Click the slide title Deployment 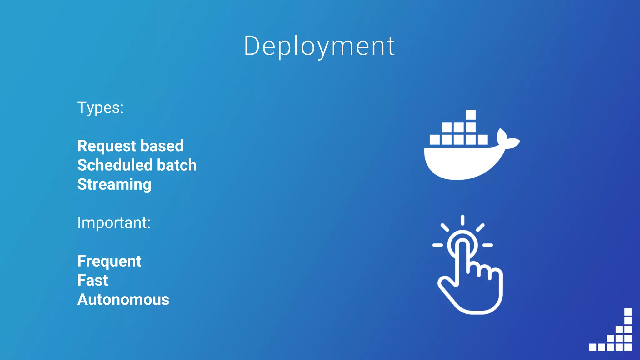tap(319, 46)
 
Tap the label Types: tap(100, 108)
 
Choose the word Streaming tap(114, 185)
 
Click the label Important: tap(114, 223)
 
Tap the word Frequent tap(109, 261)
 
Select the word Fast tap(92, 280)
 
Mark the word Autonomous tap(123, 300)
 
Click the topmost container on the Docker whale tap(471, 114)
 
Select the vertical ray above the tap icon tap(462, 220)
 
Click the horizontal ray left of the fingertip tap(437, 245)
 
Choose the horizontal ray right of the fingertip tap(487, 245)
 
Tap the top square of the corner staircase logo tap(628, 312)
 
